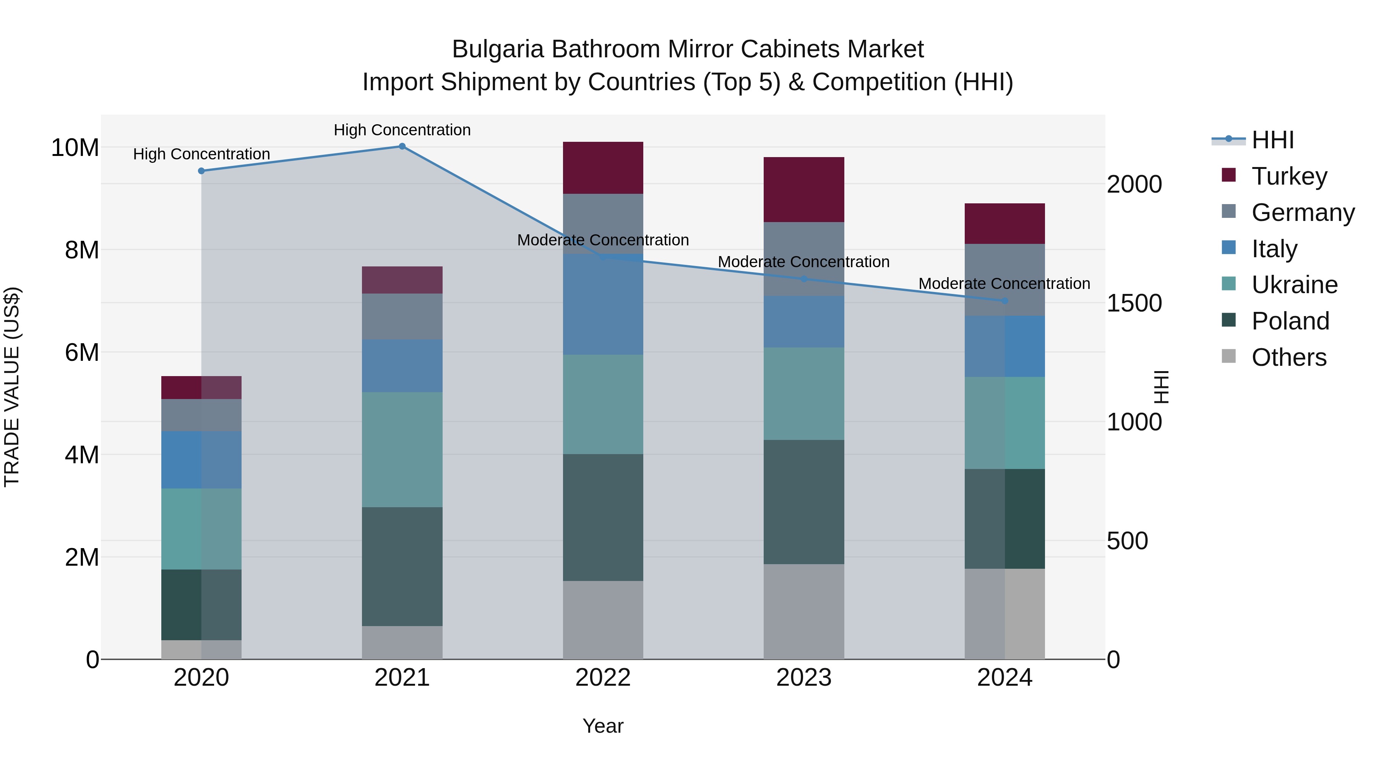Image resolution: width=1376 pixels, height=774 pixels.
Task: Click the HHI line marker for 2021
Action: (x=402, y=146)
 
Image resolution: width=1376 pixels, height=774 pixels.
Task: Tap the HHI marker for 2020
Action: (x=201, y=171)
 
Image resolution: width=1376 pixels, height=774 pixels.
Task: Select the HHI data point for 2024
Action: (x=1004, y=301)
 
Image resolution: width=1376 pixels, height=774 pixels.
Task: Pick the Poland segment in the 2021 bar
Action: (x=402, y=566)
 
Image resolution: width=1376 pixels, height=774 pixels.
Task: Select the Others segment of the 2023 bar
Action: (x=803, y=612)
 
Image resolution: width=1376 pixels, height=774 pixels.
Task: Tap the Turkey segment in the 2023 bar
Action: (x=803, y=190)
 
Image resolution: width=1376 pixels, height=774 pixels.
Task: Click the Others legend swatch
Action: (x=1228, y=356)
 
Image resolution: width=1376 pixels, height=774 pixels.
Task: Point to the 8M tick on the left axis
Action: (x=82, y=250)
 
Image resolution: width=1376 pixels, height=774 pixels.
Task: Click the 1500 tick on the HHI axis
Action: (x=1134, y=303)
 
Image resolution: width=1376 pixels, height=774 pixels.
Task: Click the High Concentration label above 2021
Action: (x=402, y=130)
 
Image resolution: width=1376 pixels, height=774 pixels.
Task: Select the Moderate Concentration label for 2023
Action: (x=803, y=262)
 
